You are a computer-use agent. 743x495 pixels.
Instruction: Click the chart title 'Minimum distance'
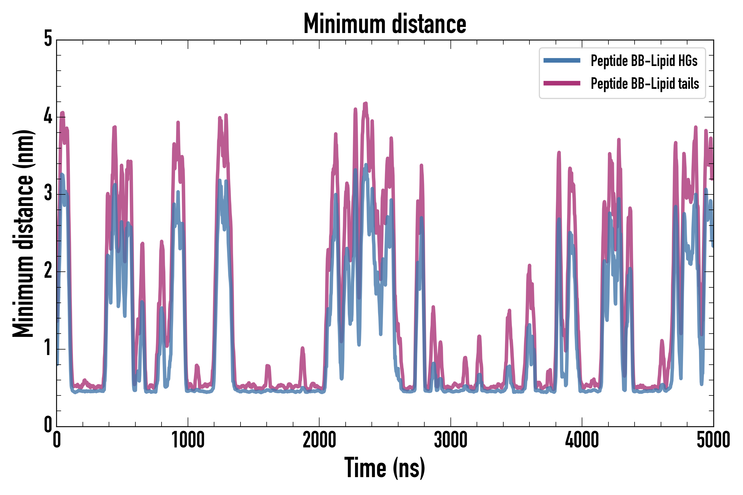(384, 24)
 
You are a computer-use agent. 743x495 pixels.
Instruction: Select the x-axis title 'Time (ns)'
(384, 468)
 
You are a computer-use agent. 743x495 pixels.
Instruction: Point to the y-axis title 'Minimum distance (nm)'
(23, 233)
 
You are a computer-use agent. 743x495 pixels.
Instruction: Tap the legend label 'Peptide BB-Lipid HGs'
(644, 61)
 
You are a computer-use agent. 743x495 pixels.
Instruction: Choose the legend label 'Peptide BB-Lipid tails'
(645, 84)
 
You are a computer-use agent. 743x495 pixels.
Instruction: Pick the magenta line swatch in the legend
(562, 83)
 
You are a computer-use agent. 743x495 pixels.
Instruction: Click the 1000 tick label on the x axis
(188, 440)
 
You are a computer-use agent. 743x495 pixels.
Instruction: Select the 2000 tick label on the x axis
(319, 440)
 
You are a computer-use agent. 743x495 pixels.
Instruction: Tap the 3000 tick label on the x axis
(450, 440)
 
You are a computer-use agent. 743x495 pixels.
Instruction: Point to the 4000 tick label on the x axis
(582, 440)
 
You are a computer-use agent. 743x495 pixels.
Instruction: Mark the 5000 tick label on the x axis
(713, 440)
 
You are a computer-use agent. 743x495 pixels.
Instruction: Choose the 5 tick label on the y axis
(48, 39)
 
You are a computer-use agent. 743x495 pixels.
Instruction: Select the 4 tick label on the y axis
(48, 116)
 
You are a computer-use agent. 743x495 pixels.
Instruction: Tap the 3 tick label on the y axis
(48, 194)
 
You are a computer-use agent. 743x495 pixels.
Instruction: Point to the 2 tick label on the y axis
(48, 271)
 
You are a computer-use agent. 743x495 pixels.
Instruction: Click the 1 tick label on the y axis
(48, 348)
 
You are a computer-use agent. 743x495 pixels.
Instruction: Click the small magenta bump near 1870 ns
(302, 348)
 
